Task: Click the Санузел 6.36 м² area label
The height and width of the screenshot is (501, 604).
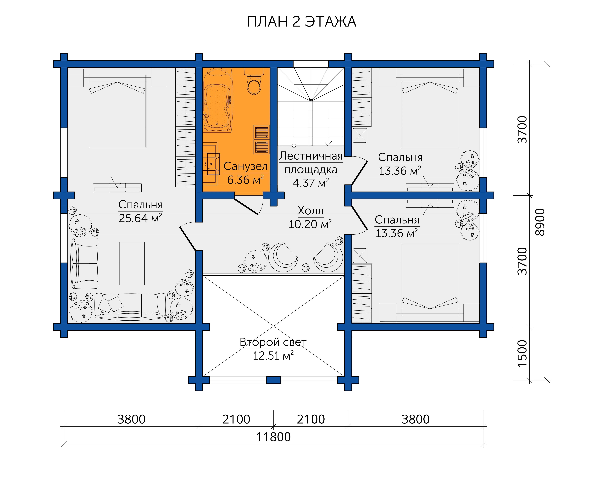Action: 246,173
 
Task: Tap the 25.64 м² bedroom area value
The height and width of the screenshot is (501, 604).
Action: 140,218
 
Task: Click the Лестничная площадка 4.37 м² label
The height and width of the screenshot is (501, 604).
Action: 311,169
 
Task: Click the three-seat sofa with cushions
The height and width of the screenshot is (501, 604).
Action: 130,306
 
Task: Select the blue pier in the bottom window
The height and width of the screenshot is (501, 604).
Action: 274,380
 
